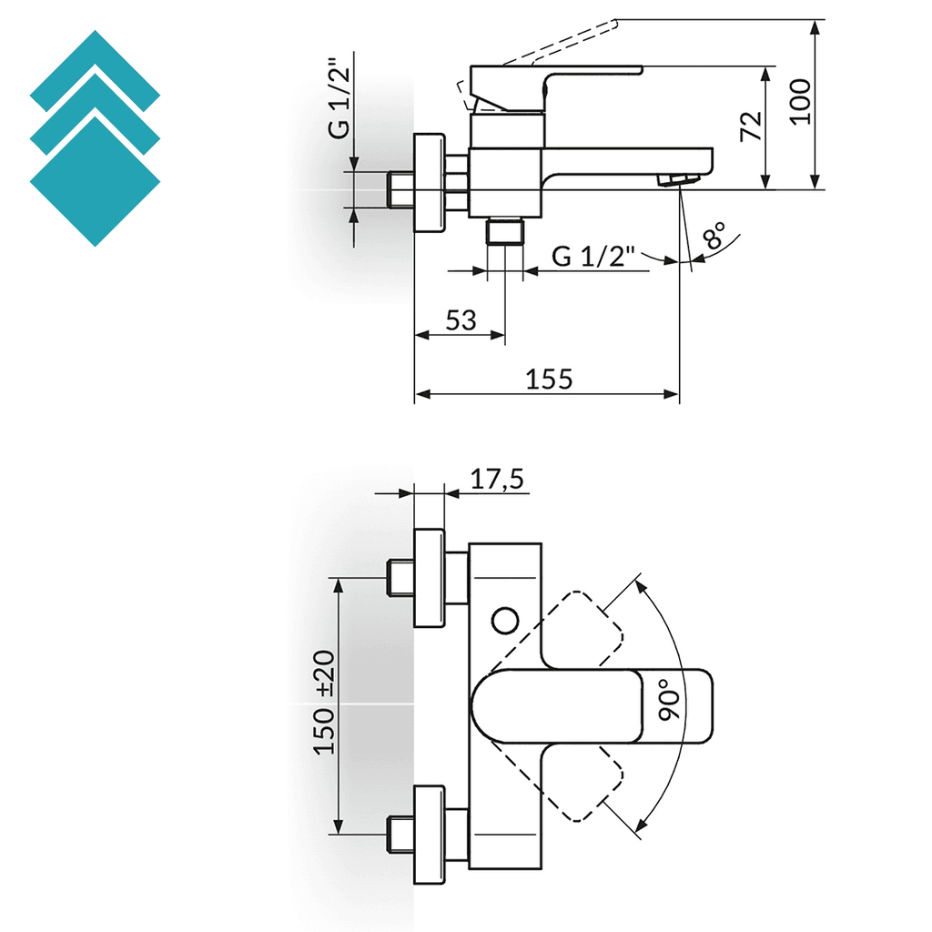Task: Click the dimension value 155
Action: pos(549,379)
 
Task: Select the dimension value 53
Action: pos(461,319)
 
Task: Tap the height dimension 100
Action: pos(800,100)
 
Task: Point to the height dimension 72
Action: pos(751,126)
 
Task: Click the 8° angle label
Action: pos(716,237)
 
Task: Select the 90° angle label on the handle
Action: pos(671,699)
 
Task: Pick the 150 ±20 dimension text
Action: pos(325,702)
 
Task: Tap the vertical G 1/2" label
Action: pos(339,97)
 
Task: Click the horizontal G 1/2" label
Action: pos(593,258)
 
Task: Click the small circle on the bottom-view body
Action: pos(504,622)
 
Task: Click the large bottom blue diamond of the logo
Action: pos(95,180)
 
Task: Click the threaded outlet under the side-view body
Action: pos(506,232)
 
